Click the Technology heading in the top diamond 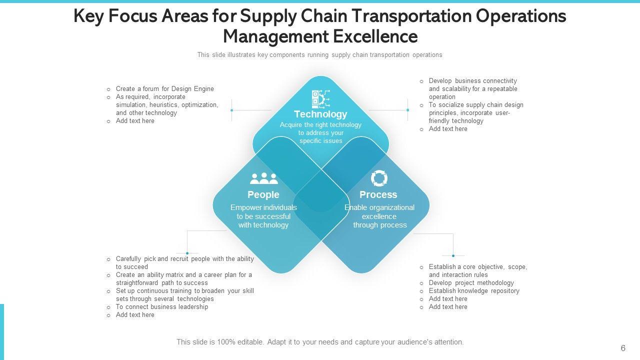point(320,114)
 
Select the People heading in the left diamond point(263,194)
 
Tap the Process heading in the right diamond point(378,194)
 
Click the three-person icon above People point(263,178)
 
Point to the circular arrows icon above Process point(379,178)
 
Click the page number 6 point(623,348)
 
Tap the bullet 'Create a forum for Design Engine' point(164,89)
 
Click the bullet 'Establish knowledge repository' point(474,291)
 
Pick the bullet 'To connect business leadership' point(161,307)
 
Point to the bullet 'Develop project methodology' point(471,283)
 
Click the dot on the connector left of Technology point(232,110)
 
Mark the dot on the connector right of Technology point(408,110)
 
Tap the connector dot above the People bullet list point(187,253)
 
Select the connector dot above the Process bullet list point(453,256)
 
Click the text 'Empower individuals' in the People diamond point(263,207)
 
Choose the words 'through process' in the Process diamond point(380,225)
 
